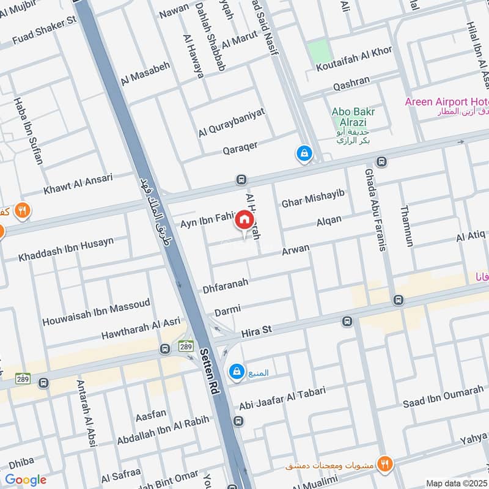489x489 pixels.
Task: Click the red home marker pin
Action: (x=244, y=219)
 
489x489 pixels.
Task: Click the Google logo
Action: (x=26, y=480)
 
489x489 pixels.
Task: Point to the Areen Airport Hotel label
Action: (x=446, y=101)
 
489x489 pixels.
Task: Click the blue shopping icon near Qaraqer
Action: (x=303, y=153)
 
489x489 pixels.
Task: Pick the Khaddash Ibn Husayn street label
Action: (x=66, y=249)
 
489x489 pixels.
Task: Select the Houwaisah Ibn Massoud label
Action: (x=96, y=312)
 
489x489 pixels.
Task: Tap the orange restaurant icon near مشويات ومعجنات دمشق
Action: (x=384, y=463)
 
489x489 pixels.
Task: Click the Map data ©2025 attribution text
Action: (x=456, y=483)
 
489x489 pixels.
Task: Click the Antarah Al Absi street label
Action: (x=86, y=413)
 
